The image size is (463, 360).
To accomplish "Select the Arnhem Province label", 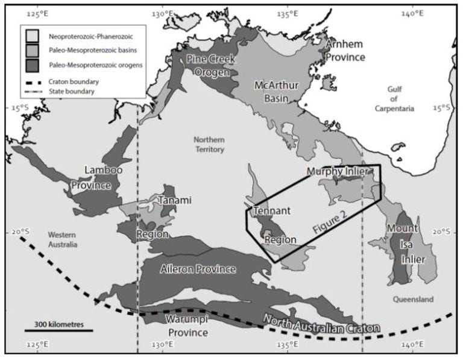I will click(345, 51).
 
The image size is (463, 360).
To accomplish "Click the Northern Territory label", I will click(209, 144).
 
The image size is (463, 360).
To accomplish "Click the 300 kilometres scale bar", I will click(58, 329).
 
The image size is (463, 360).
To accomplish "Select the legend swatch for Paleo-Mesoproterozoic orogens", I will click(34, 65).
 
